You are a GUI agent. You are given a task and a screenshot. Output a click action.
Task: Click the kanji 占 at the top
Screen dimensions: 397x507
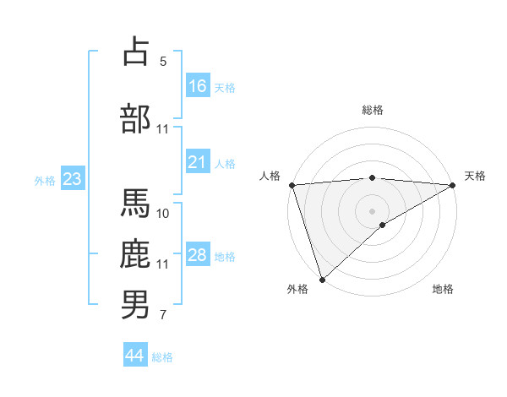[135, 52]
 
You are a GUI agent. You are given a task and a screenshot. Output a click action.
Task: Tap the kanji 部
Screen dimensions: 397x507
[135, 119]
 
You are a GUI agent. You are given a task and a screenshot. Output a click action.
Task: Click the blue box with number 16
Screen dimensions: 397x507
[198, 85]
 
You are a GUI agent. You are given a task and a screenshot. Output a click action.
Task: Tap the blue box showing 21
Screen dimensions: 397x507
[198, 162]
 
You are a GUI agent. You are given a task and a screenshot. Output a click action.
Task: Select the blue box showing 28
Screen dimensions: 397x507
[198, 255]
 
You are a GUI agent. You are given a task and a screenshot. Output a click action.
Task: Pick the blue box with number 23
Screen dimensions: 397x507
[72, 179]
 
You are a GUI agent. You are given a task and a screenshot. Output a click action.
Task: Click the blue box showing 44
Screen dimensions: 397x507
[135, 356]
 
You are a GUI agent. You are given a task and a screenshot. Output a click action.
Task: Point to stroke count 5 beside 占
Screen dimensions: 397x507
[163, 61]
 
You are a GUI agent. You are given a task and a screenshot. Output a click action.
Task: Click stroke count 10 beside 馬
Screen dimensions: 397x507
[163, 213]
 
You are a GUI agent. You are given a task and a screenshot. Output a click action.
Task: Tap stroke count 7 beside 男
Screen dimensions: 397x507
[163, 315]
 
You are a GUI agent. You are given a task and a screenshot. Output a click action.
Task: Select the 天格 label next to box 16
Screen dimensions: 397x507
[225, 87]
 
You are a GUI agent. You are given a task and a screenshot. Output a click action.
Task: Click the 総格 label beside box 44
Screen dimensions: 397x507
[162, 357]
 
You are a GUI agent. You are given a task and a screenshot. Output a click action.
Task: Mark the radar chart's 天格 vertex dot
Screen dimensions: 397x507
[453, 185]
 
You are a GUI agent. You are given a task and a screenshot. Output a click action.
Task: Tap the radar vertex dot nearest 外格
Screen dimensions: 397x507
[322, 279]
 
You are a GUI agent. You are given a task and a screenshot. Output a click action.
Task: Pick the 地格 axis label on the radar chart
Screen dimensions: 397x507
[443, 289]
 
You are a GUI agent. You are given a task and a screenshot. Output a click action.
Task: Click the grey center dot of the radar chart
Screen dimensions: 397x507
[372, 210]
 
